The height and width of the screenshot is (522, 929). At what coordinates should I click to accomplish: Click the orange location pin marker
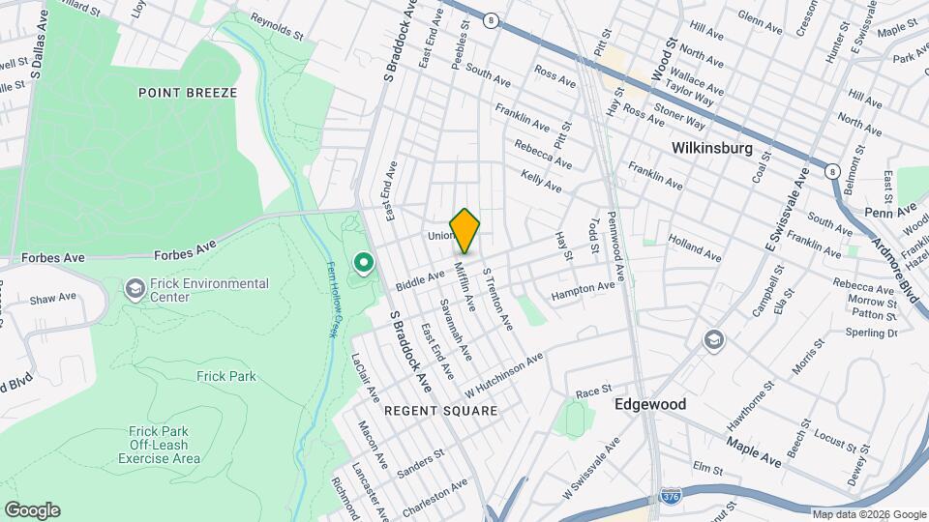click(x=464, y=230)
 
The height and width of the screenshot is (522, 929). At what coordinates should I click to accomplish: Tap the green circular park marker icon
click(x=364, y=262)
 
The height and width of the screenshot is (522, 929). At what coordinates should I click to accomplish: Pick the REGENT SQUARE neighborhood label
click(x=440, y=411)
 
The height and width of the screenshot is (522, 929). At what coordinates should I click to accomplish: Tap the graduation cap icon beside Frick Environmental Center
click(x=135, y=289)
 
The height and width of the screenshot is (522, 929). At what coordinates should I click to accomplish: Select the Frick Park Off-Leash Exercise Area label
click(x=160, y=445)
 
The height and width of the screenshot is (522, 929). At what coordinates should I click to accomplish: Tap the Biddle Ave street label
click(x=420, y=281)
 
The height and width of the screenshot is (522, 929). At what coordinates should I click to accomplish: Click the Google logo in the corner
click(x=32, y=510)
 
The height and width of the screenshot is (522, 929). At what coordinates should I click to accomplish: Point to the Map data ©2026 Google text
click(x=869, y=514)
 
